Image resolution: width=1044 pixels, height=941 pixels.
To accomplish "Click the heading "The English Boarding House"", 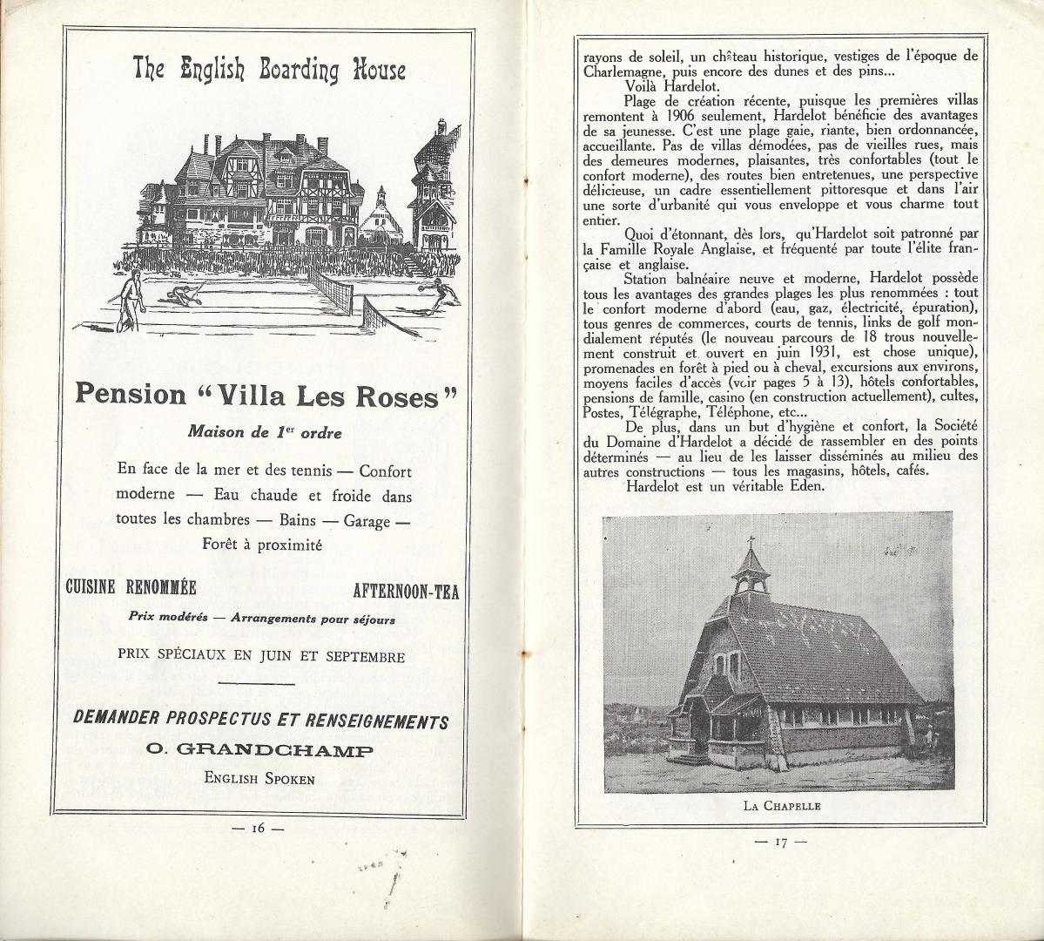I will click(268, 70).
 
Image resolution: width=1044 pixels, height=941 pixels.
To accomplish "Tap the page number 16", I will click(258, 829).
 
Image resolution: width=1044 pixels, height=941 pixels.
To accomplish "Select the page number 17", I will click(781, 842).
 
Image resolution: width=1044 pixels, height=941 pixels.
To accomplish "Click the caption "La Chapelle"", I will click(782, 806).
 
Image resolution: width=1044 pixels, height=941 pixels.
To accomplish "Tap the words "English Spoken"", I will click(259, 778).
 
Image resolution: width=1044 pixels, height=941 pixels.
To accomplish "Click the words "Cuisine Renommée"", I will click(131, 586).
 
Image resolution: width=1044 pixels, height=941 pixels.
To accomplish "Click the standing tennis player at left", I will click(129, 298).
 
